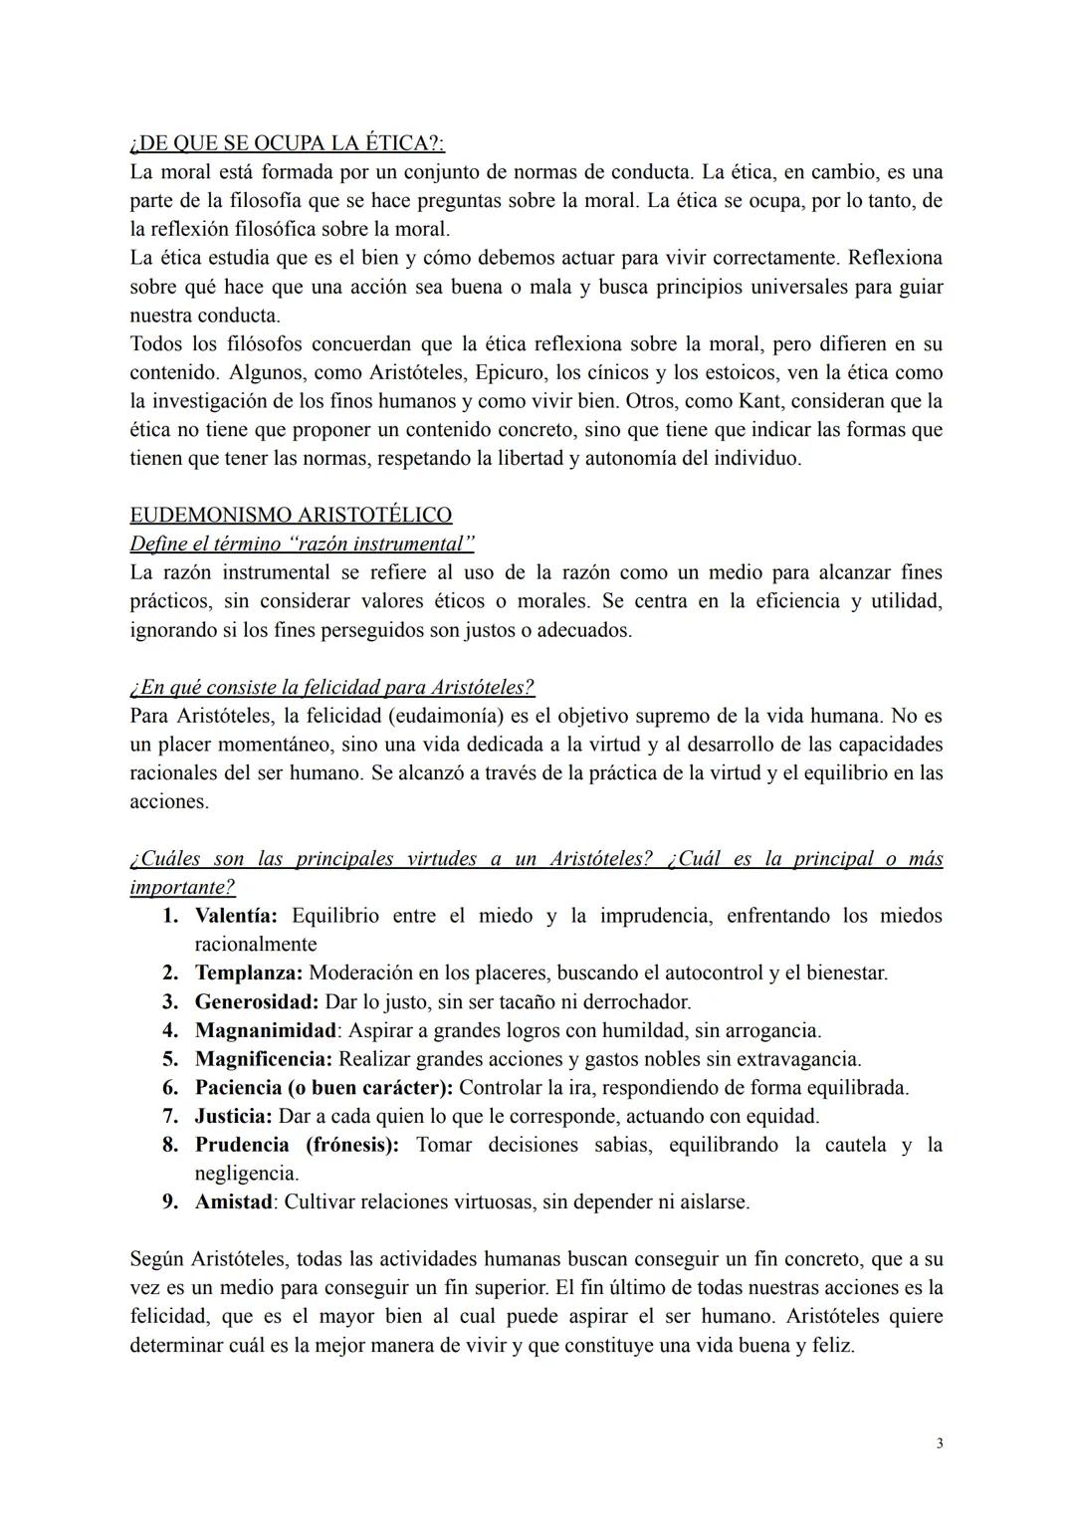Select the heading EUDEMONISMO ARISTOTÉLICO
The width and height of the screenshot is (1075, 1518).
(291, 515)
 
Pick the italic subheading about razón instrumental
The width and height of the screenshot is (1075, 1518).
(303, 543)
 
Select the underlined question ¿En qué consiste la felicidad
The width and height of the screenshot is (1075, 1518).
(332, 687)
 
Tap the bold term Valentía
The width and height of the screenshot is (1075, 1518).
(236, 915)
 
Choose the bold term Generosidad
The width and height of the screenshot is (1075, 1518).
(256, 1001)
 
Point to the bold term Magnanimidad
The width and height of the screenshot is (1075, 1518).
(265, 1030)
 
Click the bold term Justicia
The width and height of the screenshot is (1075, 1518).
(233, 1116)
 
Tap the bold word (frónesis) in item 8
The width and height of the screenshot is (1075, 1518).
(352, 1145)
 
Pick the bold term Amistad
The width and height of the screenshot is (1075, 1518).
(233, 1201)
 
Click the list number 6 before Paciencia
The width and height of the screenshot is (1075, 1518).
(170, 1087)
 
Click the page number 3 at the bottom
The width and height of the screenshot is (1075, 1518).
(940, 1442)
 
